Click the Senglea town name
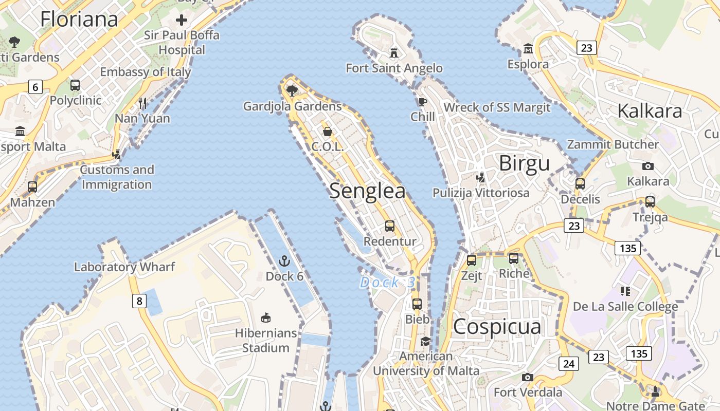pos(367,191)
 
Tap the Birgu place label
pos(524,163)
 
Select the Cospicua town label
pos(497,327)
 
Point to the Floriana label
pos(79,19)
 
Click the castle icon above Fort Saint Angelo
pos(394,52)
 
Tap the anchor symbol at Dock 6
pos(284,261)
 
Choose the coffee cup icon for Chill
pos(422,102)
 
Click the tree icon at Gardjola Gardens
pos(292,91)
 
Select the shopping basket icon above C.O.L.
pos(328,132)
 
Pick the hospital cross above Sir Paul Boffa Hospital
pos(181,20)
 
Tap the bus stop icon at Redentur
pos(390,226)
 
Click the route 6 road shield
pos(35,87)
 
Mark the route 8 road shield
pos(139,301)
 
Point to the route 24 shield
pos(568,364)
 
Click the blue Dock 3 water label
pos(387,282)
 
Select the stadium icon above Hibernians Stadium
pos(266,318)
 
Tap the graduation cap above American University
pos(426,342)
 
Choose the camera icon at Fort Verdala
pos(527,378)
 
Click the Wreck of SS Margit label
pos(497,107)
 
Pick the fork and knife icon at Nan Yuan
pos(142,103)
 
